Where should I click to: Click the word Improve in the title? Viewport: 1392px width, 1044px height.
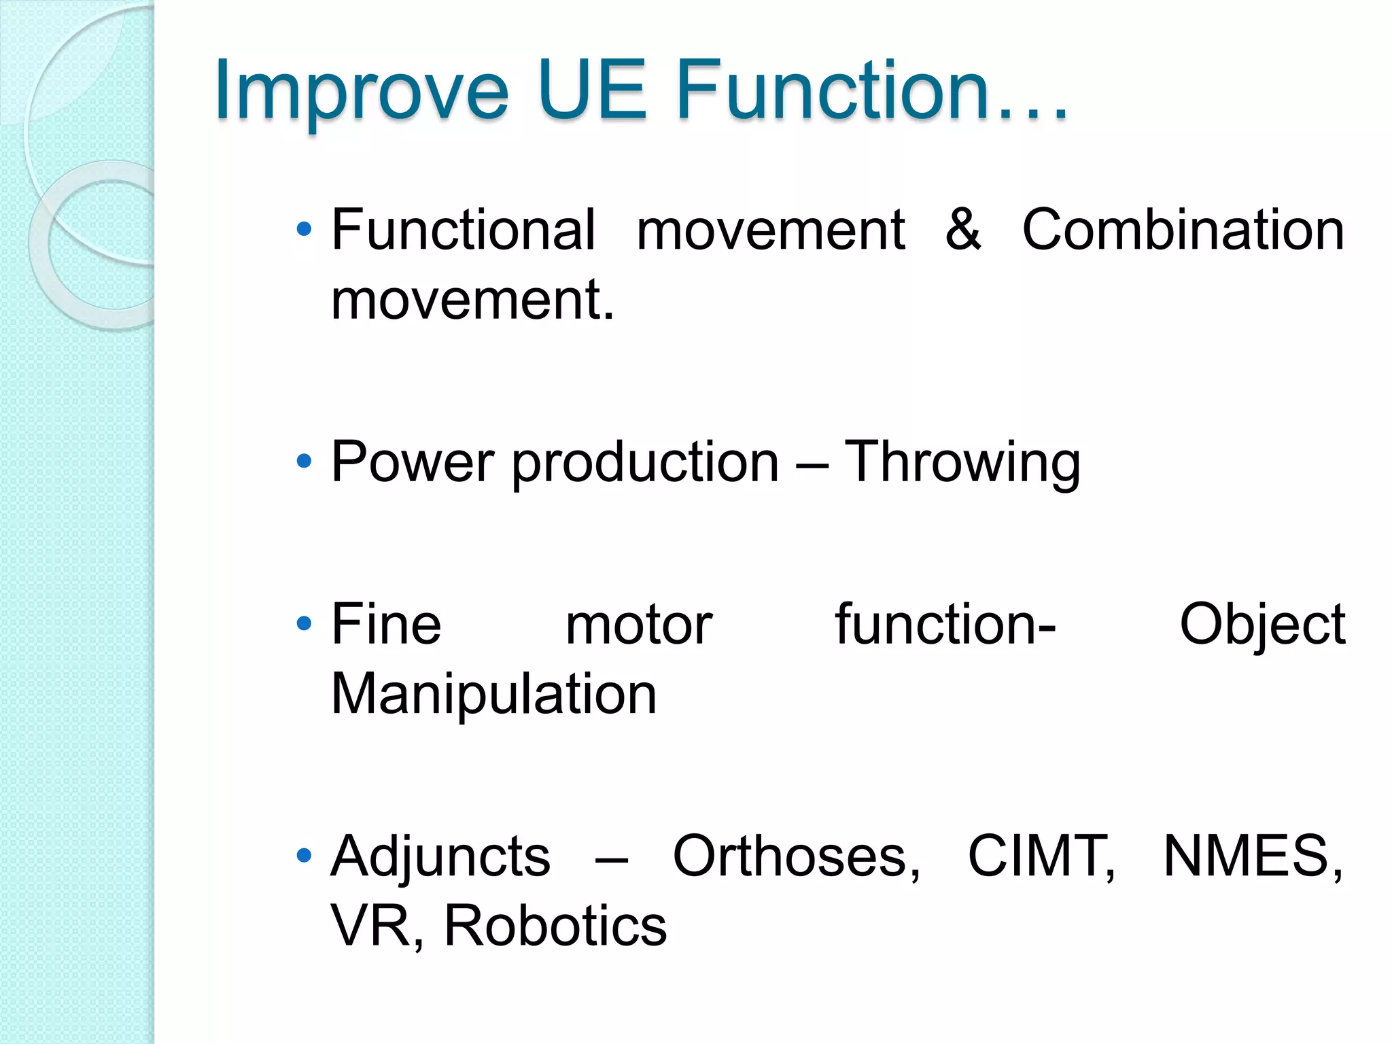tap(361, 91)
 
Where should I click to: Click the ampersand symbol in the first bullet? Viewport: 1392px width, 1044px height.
tap(963, 229)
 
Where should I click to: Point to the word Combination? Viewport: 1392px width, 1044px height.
tap(1183, 230)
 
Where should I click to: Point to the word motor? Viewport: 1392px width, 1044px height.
tap(638, 625)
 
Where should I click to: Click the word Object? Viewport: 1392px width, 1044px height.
tap(1262, 625)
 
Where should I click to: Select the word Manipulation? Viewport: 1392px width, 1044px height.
tap(493, 695)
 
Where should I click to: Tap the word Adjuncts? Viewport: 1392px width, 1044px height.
tap(440, 856)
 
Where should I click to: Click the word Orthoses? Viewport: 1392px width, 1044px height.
tap(796, 856)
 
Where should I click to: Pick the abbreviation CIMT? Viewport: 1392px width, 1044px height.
tap(1041, 856)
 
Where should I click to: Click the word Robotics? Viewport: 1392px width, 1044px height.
tap(555, 926)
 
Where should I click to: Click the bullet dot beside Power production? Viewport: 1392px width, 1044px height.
tap(304, 462)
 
